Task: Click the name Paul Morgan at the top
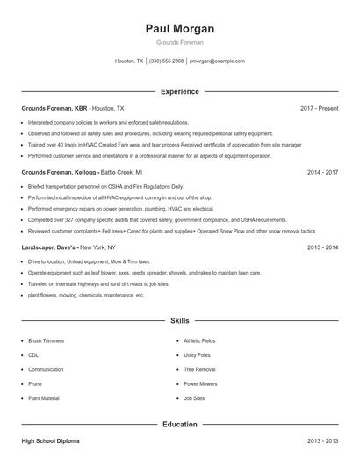tap(180, 29)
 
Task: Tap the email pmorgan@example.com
tap(217, 61)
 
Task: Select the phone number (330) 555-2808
tap(166, 61)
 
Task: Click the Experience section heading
tap(180, 91)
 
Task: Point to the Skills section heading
tap(180, 321)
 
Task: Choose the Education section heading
tap(180, 425)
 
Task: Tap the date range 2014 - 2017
tap(322, 173)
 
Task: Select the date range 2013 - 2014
tap(322, 247)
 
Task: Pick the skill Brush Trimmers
tap(47, 340)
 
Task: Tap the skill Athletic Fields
tap(199, 340)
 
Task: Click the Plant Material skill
tap(44, 398)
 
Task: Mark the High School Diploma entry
tap(51, 440)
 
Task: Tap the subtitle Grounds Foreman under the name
tap(180, 41)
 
